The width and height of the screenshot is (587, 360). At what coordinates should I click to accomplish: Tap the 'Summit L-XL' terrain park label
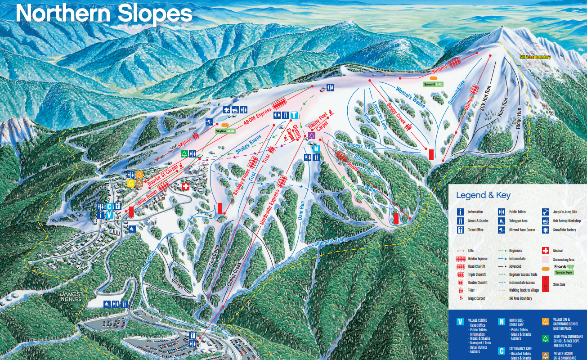[433, 84]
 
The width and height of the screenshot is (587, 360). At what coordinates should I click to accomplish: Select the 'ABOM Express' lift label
[258, 116]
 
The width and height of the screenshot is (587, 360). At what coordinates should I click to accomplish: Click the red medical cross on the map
[185, 186]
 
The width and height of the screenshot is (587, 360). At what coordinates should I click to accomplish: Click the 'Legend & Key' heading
[483, 195]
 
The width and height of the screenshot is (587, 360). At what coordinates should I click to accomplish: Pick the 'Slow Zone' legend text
[559, 284]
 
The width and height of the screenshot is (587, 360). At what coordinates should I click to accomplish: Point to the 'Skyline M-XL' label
[225, 130]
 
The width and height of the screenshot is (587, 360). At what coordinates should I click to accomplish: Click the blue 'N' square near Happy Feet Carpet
[316, 148]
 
